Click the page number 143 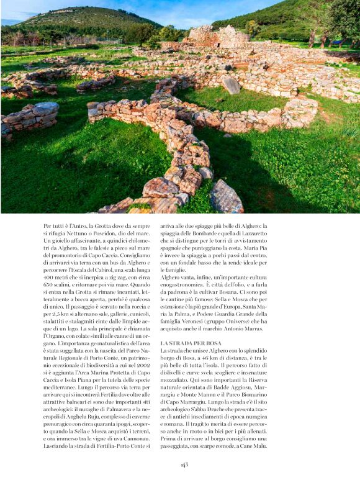185,464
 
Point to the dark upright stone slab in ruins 232,85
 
